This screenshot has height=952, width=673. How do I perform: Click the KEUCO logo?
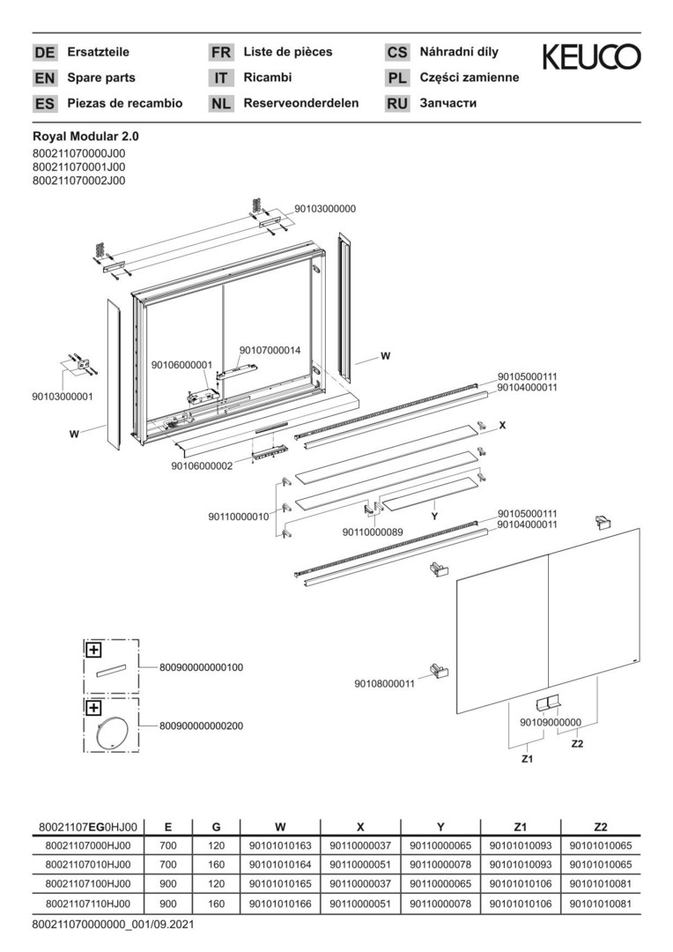[x=591, y=57]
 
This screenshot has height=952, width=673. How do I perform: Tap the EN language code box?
[x=44, y=78]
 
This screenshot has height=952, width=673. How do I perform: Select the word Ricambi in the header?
[x=268, y=78]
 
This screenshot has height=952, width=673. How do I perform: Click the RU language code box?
[x=397, y=103]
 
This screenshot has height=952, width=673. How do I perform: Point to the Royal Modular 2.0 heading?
[x=85, y=137]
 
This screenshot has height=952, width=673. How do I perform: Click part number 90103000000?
[x=325, y=209]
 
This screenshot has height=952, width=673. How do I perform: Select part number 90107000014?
[x=270, y=350]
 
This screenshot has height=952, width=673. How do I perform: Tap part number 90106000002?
[x=202, y=466]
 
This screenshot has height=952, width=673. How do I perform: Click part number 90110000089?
[x=373, y=532]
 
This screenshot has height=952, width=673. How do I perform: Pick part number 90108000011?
[x=384, y=683]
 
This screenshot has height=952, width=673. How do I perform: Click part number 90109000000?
[x=551, y=723]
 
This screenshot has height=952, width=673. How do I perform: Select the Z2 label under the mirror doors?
[x=577, y=744]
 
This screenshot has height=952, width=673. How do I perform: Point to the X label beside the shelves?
[x=502, y=425]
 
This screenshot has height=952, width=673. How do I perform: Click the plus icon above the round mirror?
[x=93, y=708]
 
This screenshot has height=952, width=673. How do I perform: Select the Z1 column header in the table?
[x=520, y=827]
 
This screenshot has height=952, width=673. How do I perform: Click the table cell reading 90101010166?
[x=280, y=905]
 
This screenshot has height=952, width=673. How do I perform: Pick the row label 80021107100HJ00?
[x=87, y=885]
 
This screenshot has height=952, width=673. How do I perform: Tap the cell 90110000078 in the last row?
[x=440, y=905]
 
